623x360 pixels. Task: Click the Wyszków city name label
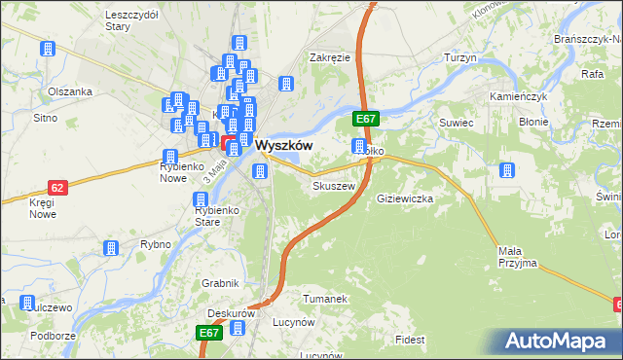pos(283,145)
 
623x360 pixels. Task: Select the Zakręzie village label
pos(329,57)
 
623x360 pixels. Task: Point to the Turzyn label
pos(460,58)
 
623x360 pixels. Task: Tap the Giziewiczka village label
pos(404,198)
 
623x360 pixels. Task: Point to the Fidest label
pos(411,340)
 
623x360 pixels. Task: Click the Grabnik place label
pos(221,283)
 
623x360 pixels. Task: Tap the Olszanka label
pos(69,91)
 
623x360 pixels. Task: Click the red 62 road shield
pos(57,187)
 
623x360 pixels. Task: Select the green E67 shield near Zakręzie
pos(366,119)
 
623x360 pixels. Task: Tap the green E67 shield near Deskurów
pos(210,333)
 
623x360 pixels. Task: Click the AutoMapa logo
pos(562,341)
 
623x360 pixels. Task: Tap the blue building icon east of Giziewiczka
pos(507,170)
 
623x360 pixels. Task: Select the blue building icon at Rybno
pos(111,249)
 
